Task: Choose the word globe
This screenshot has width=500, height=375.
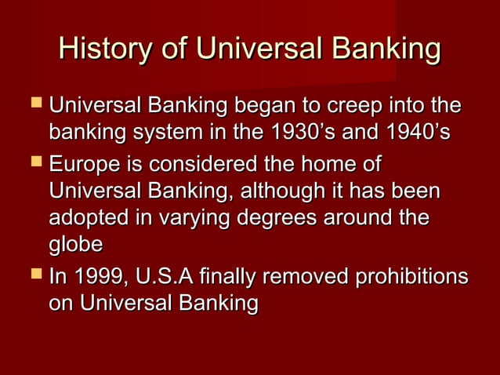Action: pyautogui.click(x=75, y=245)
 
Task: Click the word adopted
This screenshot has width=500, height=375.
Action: pyautogui.click(x=85, y=218)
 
